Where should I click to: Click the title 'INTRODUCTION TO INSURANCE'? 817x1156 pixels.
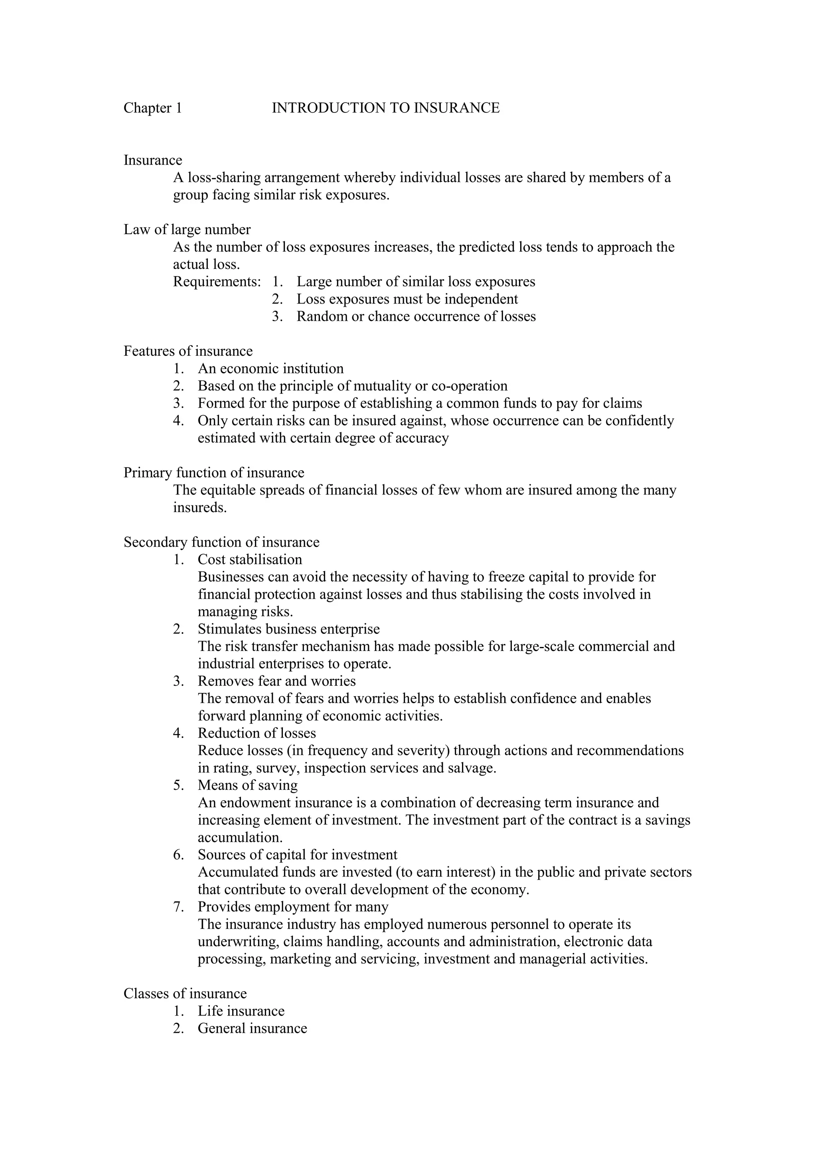coord(386,108)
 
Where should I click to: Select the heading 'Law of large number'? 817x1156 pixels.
coord(187,230)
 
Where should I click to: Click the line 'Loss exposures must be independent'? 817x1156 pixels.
coord(407,299)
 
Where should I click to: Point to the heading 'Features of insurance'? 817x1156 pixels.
coord(188,351)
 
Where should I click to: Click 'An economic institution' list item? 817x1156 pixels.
coord(270,369)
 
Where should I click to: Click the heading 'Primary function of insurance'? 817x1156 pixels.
coord(214,473)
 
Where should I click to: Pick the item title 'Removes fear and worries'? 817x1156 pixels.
coord(276,681)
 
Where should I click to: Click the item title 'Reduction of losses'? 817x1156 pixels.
coord(257,733)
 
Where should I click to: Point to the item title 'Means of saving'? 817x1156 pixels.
coord(248,785)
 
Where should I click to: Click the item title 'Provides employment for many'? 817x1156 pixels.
coord(293,907)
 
